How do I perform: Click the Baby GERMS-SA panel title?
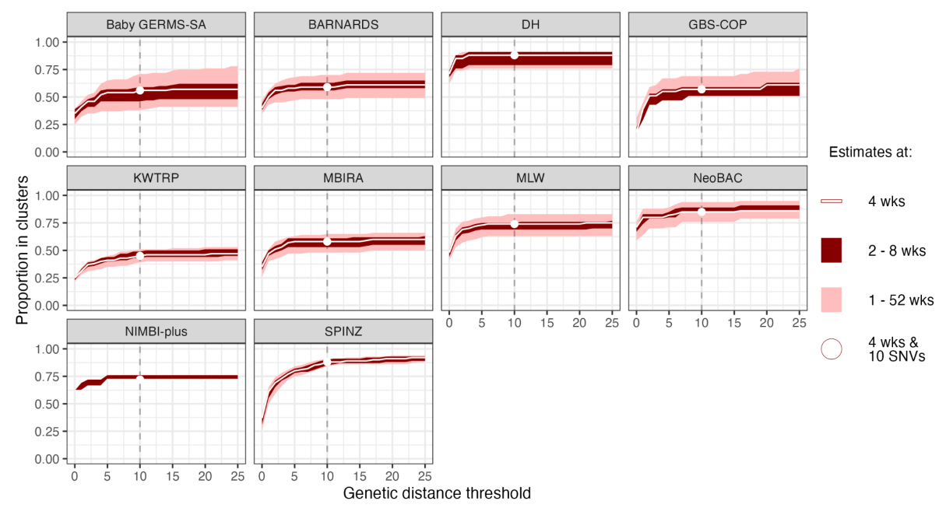[x=156, y=24]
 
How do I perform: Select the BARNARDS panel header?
[x=343, y=24]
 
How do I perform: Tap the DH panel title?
[x=529, y=24]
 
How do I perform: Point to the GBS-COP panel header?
[x=717, y=24]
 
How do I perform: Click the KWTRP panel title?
[x=156, y=177]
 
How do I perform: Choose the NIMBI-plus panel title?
[x=156, y=331]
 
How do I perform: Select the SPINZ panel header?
[x=343, y=331]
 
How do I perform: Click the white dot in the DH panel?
[x=514, y=54]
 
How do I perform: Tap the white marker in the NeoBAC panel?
[x=702, y=212]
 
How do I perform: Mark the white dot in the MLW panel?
[x=514, y=224]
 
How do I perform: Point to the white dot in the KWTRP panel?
[x=140, y=255]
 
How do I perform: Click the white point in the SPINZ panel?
[x=327, y=362]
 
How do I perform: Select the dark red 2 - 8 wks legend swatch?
[x=832, y=250]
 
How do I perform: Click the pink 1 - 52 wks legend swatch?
[x=832, y=300]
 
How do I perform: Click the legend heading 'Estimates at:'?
[x=870, y=152]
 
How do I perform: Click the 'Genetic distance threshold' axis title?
[x=437, y=493]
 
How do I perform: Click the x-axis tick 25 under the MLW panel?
[x=611, y=322]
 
